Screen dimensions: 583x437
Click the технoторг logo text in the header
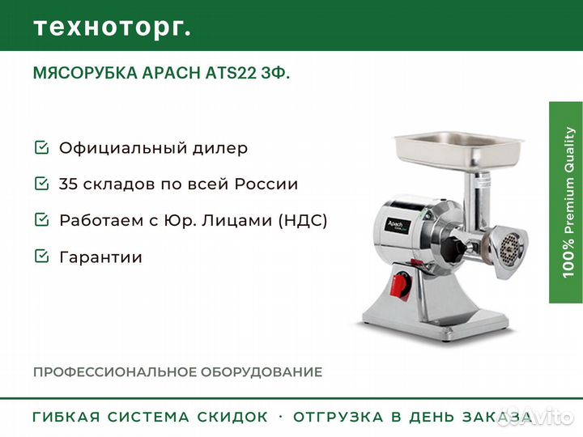tap(113, 28)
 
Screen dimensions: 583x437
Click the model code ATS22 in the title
tap(231, 73)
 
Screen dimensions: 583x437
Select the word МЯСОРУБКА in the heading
tap(85, 73)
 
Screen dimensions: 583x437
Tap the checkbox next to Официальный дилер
tap(41, 147)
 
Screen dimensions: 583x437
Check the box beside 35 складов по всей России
tap(41, 183)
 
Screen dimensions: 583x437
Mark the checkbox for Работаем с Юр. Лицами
tap(41, 219)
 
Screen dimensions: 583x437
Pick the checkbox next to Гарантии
tap(41, 256)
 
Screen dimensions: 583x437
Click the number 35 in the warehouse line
tap(68, 184)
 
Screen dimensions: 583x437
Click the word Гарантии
tap(100, 257)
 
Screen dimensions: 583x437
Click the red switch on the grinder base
tap(400, 285)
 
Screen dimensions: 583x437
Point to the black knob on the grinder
tap(454, 246)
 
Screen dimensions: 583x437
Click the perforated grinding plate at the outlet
tap(509, 246)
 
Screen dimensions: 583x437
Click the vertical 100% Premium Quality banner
tap(566, 202)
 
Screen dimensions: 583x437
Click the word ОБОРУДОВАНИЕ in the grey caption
tap(262, 372)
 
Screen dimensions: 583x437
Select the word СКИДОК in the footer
tap(232, 417)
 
